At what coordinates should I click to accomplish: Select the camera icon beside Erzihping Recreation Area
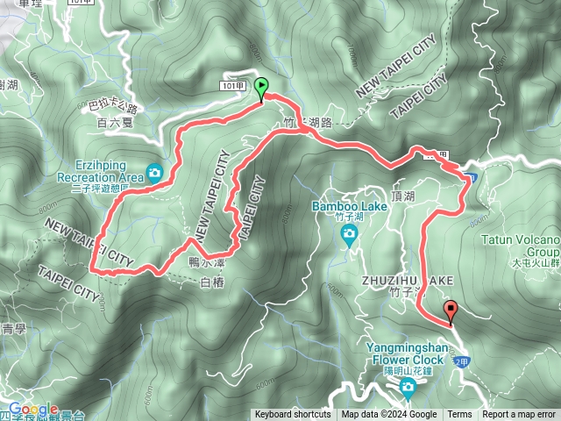click(156, 173)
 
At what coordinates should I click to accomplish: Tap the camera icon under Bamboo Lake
click(349, 232)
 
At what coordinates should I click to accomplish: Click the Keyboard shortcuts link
click(293, 415)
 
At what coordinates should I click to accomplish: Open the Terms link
click(459, 415)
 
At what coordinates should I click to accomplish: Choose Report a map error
click(520, 415)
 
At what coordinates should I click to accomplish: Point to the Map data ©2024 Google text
click(389, 415)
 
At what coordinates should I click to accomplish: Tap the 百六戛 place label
click(114, 124)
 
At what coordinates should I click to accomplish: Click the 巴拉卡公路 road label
click(114, 108)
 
